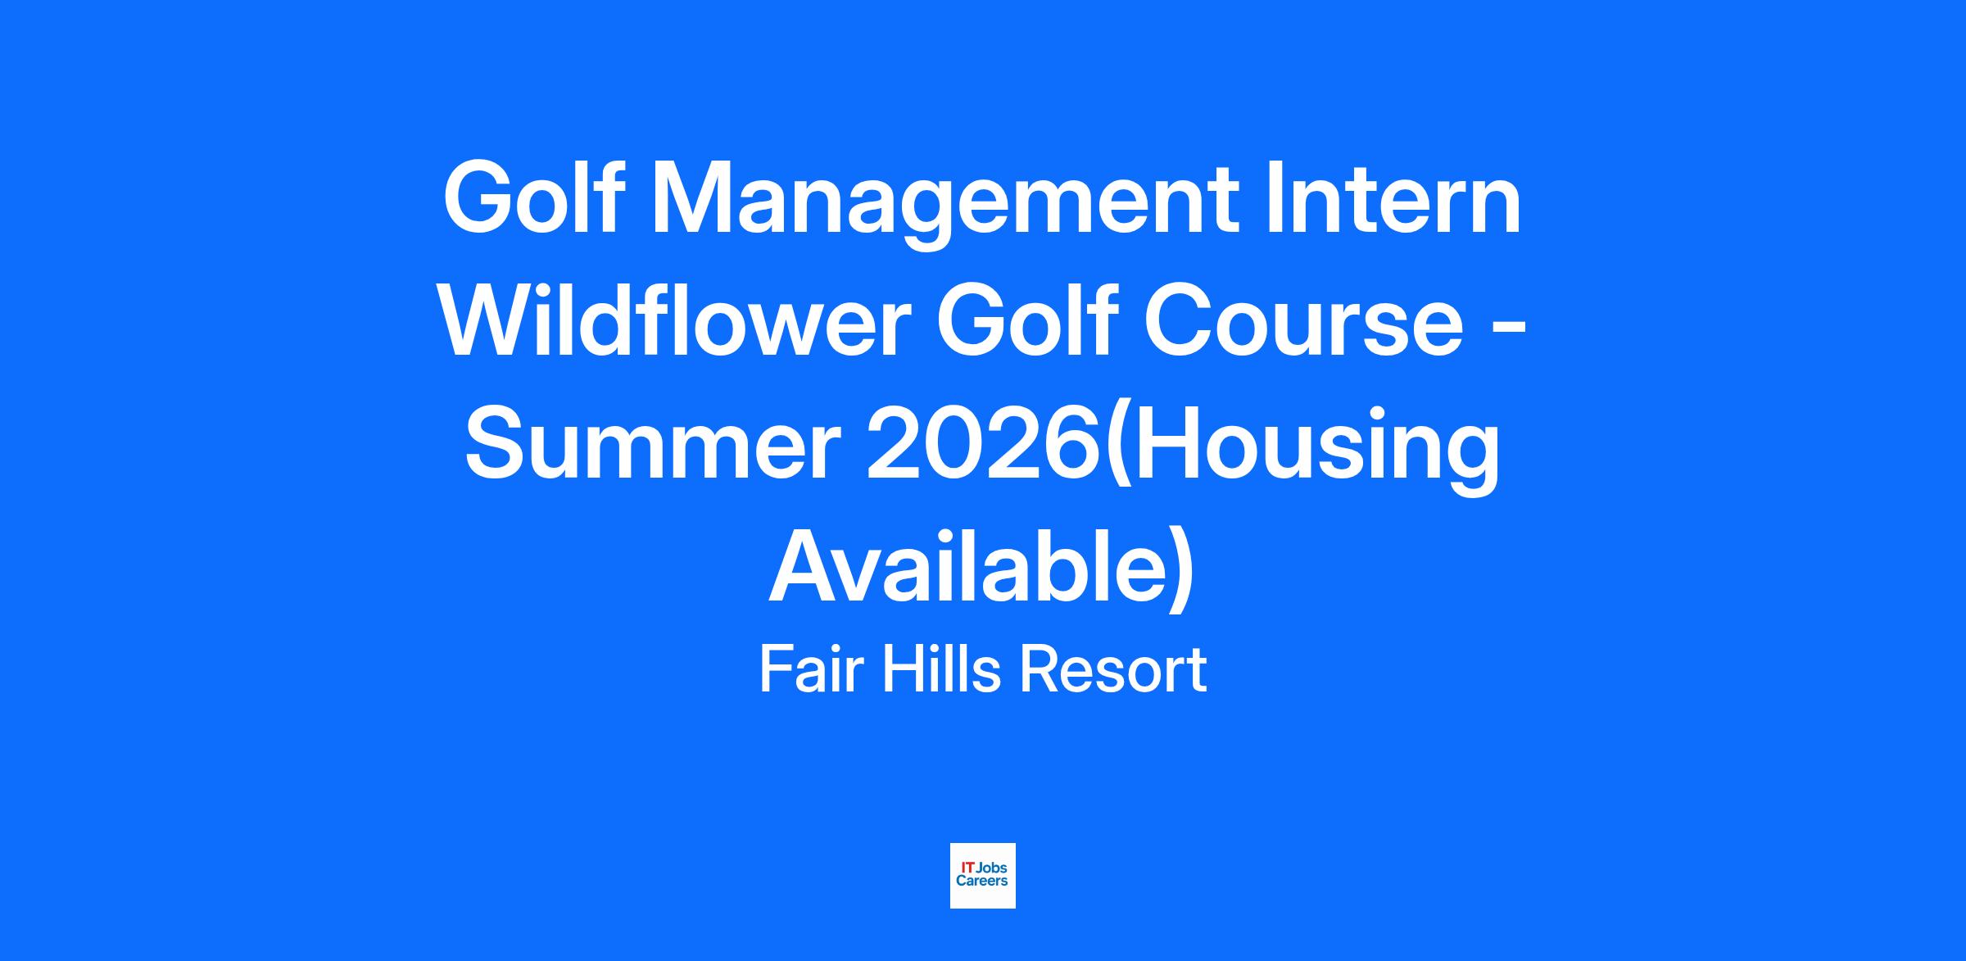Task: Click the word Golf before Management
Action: pyautogui.click(x=534, y=197)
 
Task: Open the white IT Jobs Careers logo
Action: pyautogui.click(x=983, y=876)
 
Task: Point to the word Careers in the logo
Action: pyautogui.click(x=982, y=882)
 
